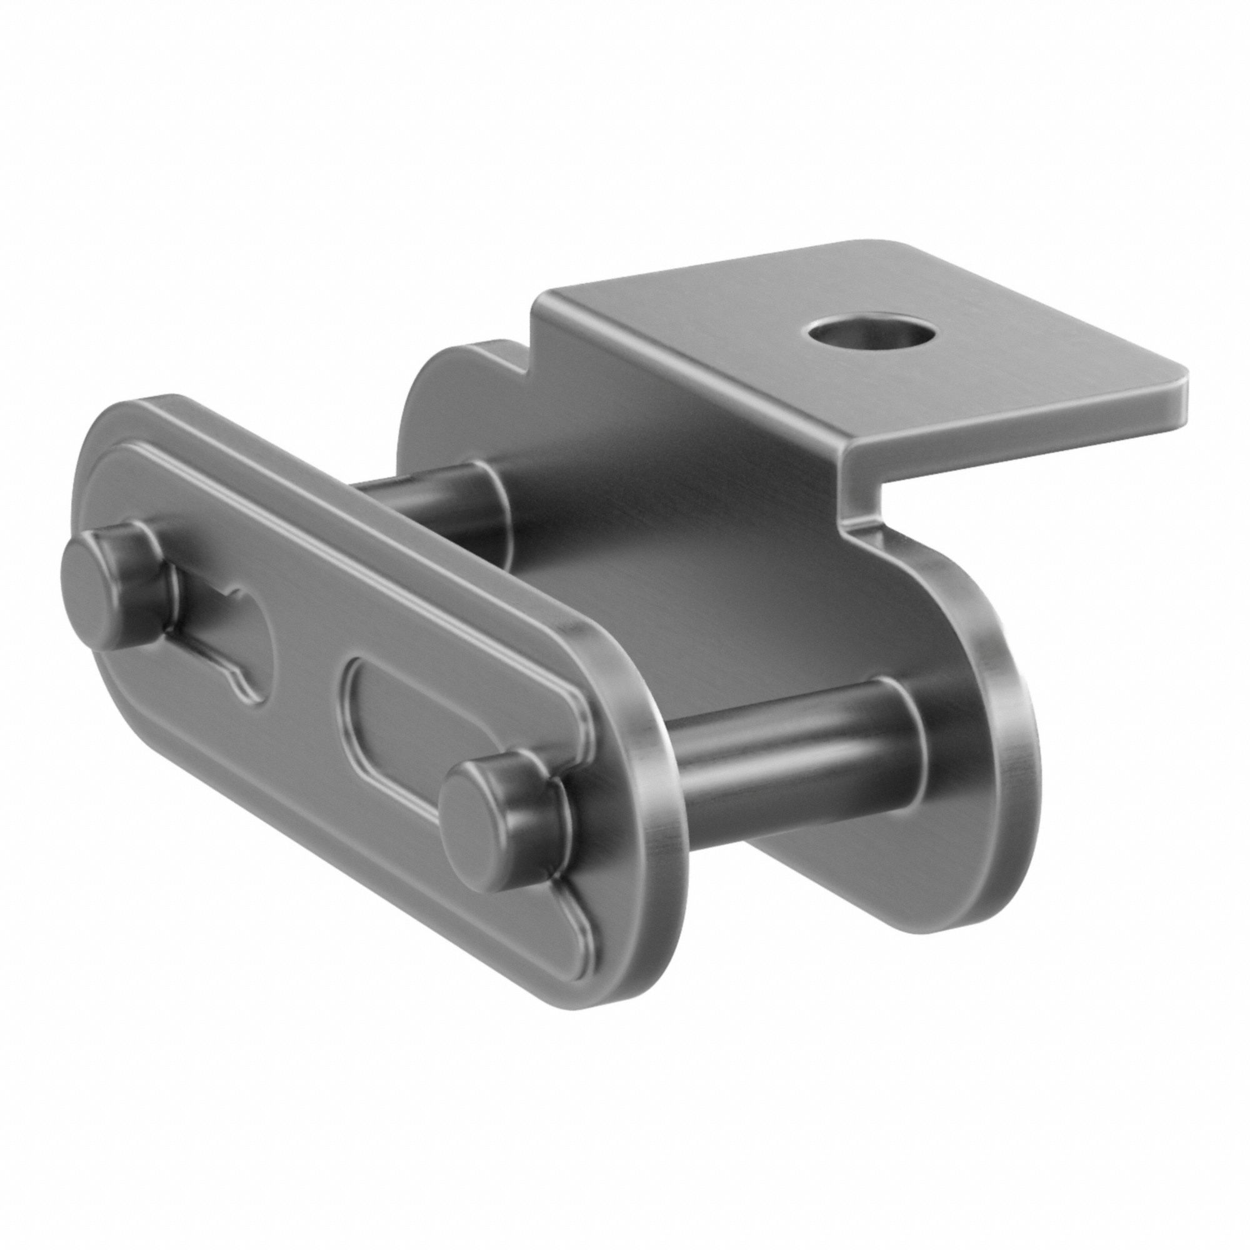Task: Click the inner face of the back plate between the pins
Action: pos(647,582)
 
